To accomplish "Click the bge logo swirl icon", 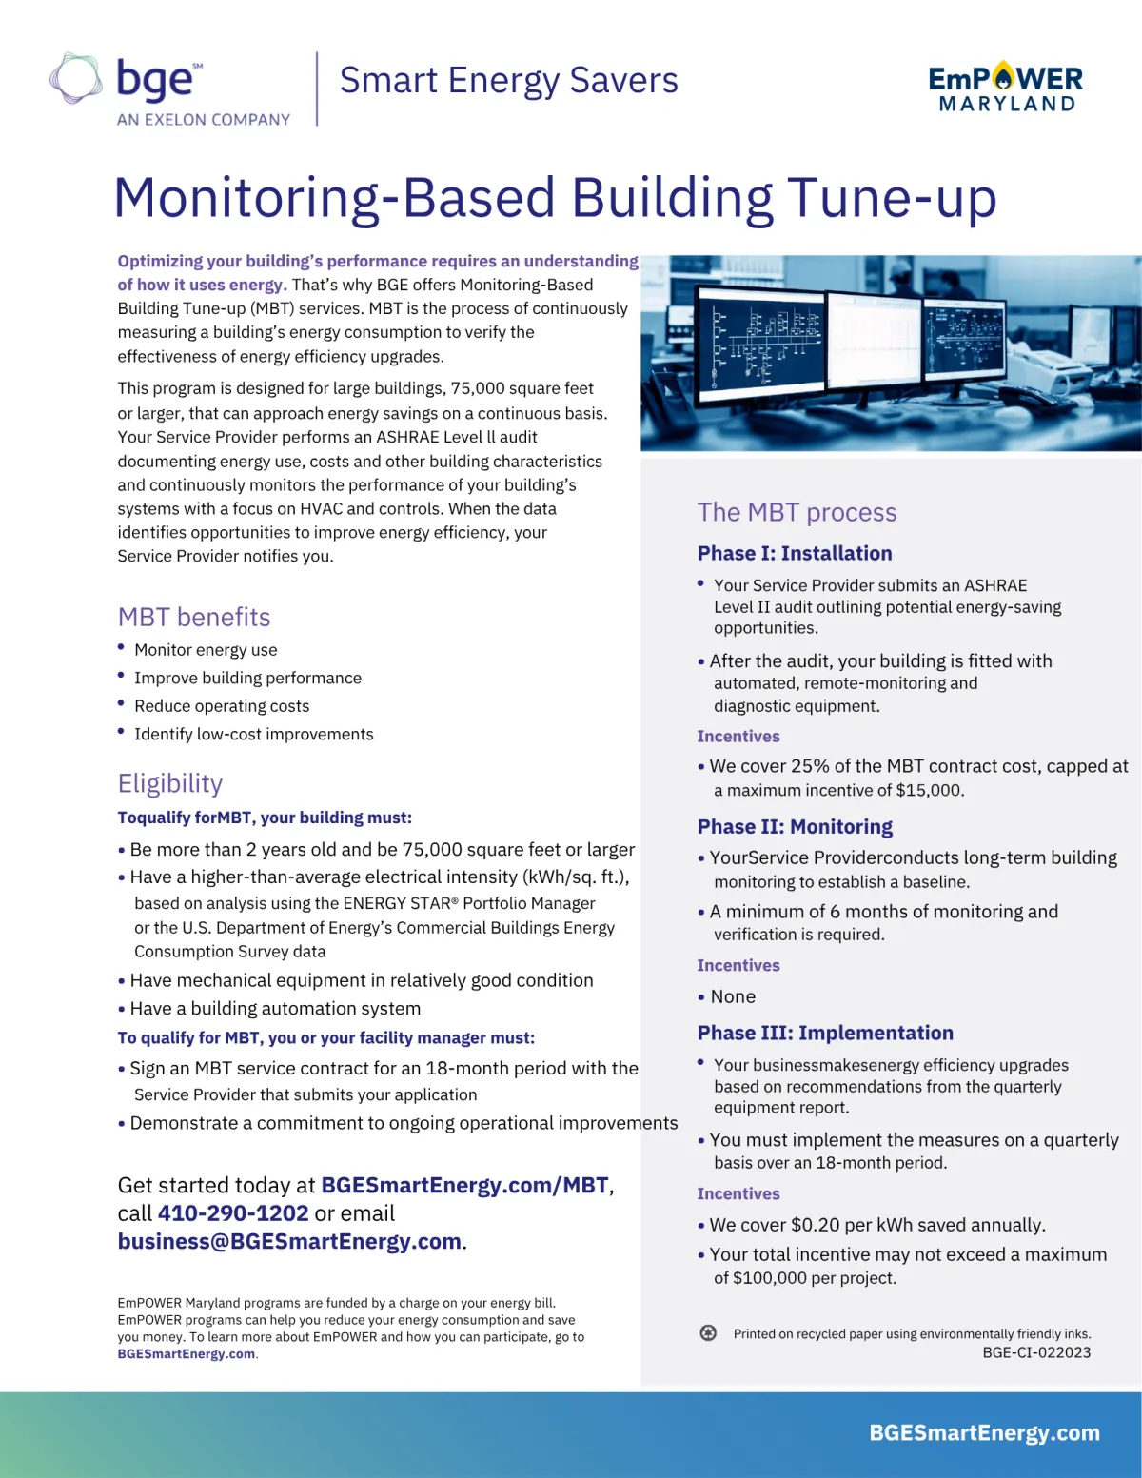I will [x=76, y=78].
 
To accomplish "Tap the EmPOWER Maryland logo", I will [x=1005, y=88].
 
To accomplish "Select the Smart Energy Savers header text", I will [x=508, y=81].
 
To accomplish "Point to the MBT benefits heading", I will [x=194, y=617].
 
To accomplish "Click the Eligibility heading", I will [x=170, y=783].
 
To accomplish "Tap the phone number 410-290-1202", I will [x=233, y=1213].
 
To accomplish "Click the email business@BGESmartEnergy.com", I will [x=289, y=1241].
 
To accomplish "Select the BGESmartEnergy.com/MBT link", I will [x=464, y=1185].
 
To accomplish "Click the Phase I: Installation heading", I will [x=795, y=553].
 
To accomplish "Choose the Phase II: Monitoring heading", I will [x=795, y=826].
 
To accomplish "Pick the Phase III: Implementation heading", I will [x=825, y=1033].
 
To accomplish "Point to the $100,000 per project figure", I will [x=770, y=1278].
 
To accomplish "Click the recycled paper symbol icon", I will [x=708, y=1333].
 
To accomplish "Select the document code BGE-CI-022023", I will [x=1036, y=1352].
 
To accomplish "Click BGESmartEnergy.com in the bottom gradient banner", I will [x=984, y=1432].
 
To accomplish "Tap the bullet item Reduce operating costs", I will [x=222, y=706].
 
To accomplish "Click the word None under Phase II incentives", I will [x=733, y=996].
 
